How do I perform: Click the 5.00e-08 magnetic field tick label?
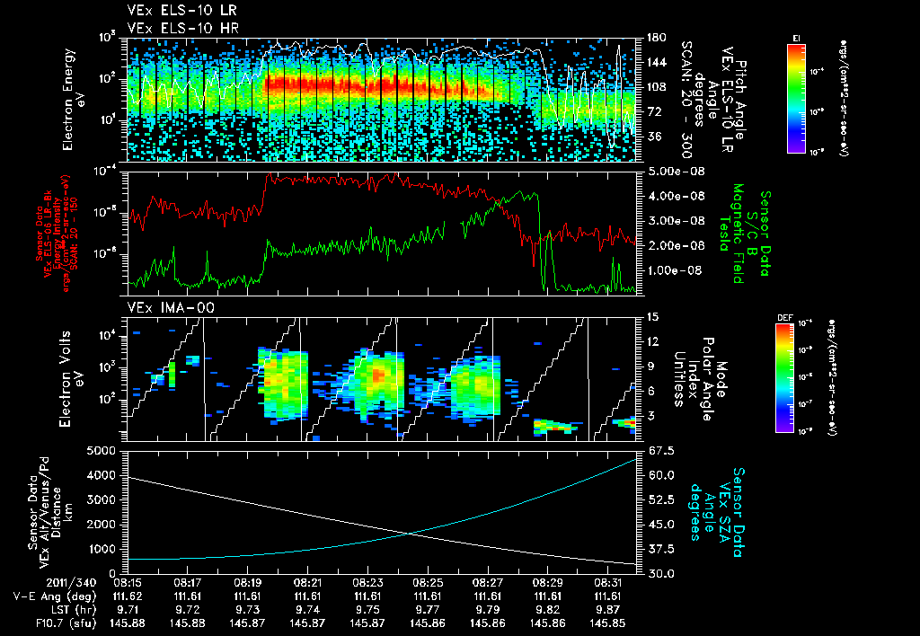click(668, 171)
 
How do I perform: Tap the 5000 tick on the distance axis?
click(106, 450)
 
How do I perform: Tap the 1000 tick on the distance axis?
click(106, 549)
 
